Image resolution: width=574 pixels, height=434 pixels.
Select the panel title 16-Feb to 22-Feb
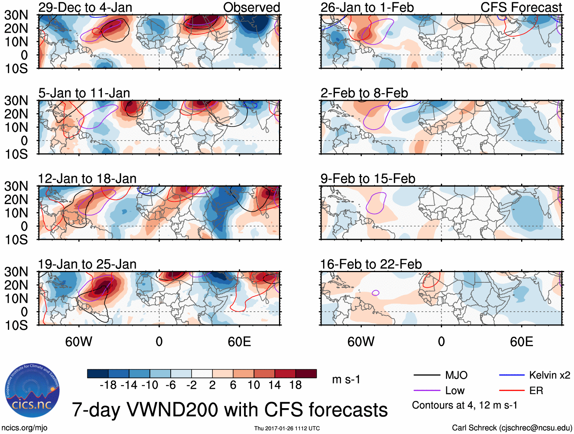coord(371,264)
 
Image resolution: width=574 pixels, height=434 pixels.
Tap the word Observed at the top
coord(251,7)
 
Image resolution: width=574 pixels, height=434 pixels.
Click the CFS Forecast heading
coord(521,7)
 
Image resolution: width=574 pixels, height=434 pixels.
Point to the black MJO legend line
coord(427,375)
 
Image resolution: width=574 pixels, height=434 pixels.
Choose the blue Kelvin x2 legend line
coord(512,375)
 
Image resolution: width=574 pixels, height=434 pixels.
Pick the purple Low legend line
coord(427,391)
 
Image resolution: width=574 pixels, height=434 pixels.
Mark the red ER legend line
coord(512,391)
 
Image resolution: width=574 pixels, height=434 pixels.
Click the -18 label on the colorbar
coord(108,385)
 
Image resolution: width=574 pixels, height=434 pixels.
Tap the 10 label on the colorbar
coord(254,385)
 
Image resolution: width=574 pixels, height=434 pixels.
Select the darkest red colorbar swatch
coord(306,374)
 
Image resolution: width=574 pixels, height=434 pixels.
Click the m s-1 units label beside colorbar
coord(346,380)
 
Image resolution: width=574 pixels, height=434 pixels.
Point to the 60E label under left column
coord(239,342)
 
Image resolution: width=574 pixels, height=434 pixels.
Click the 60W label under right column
coord(361,342)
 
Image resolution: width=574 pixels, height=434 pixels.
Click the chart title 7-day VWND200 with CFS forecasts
coord(230,410)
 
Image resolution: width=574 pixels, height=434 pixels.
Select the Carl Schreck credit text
coord(512,428)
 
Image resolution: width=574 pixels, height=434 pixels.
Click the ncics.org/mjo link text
coord(24,428)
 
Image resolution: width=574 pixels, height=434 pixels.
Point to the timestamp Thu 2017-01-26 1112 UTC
coord(287,428)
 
